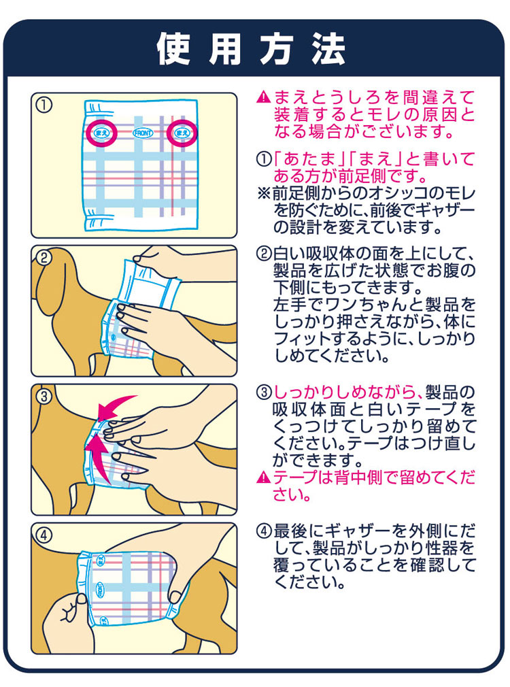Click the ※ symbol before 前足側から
tap(264, 194)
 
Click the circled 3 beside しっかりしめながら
tap(264, 392)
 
